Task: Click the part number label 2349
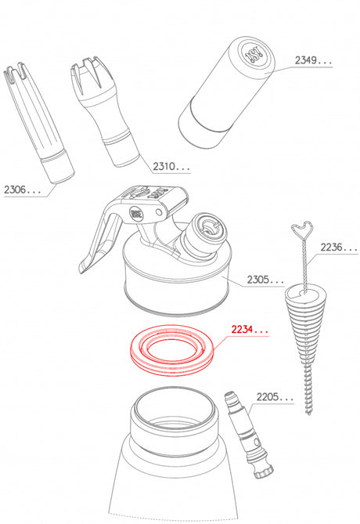305,60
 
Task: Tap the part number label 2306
15,190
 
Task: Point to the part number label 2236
331,248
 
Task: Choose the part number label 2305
257,280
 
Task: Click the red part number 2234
243,330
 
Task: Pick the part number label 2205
267,397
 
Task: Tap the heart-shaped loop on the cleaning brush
303,229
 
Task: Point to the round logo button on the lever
135,213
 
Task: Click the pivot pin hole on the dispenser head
160,212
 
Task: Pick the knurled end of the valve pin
264,470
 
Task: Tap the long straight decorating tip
38,123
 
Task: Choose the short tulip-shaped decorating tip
105,111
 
